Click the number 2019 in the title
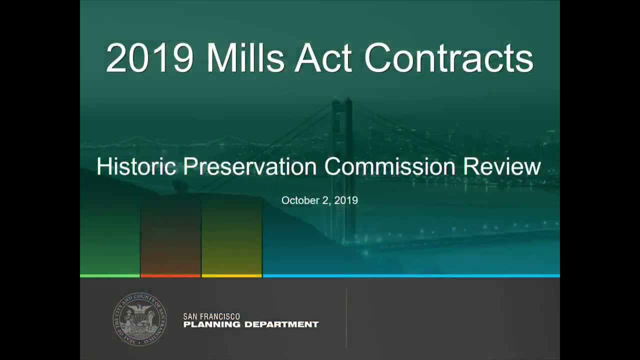click(149, 58)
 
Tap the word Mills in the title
click(245, 58)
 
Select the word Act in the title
click(323, 58)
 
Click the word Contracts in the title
click(449, 58)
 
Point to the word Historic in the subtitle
click(136, 166)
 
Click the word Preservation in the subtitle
click(249, 166)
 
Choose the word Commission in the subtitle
click(389, 166)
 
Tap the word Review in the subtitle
click(502, 166)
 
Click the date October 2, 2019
click(319, 200)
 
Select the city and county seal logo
click(139, 319)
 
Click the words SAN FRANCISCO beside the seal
click(211, 316)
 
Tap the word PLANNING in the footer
click(211, 324)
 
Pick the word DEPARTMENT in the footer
click(281, 324)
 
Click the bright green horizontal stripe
click(109, 276)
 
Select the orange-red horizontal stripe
click(170, 276)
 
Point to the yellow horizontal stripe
click(231, 276)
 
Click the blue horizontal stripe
click(411, 276)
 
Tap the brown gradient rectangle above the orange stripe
click(170, 236)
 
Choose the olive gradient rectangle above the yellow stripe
click(231, 236)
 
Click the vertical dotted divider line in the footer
click(346, 318)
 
